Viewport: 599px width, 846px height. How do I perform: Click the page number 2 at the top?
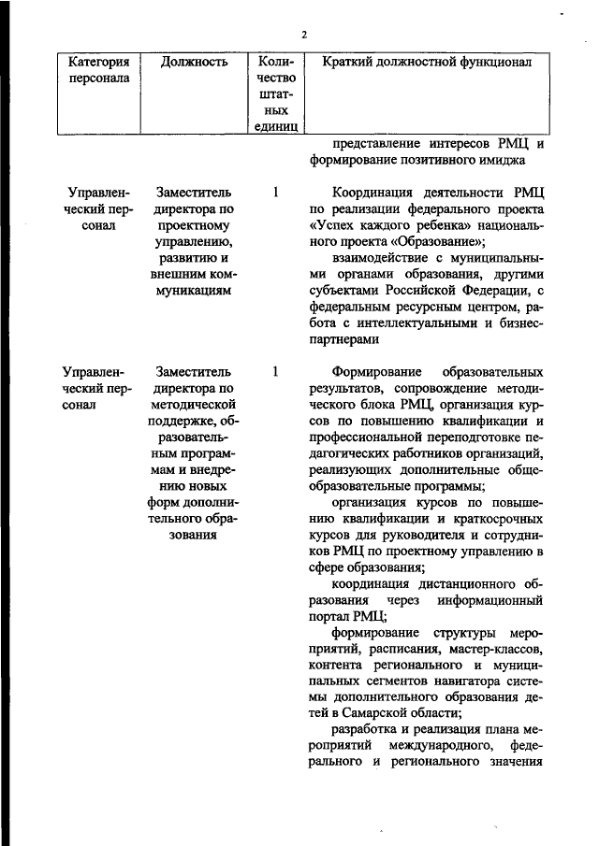[x=303, y=36]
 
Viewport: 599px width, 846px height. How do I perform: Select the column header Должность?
[x=194, y=63]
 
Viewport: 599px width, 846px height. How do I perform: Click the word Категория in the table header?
[x=97, y=63]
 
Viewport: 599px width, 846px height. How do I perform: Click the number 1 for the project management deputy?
[x=275, y=193]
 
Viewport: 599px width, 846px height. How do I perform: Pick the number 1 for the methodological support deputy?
[x=275, y=371]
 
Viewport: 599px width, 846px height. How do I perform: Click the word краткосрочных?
[x=489, y=520]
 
